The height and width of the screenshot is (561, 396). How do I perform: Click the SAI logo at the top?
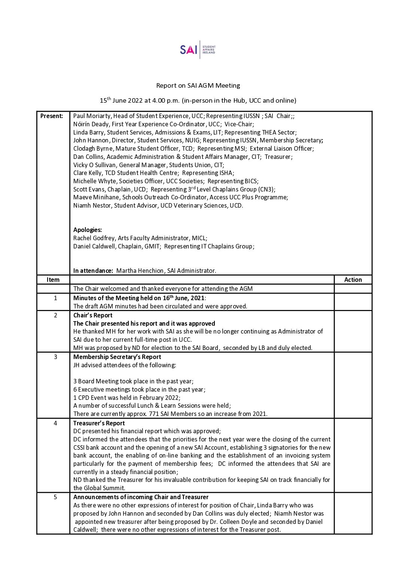coord(198,50)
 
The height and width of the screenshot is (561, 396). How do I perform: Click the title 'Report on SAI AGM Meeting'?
coord(198,85)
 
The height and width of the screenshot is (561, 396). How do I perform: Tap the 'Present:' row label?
coord(52,116)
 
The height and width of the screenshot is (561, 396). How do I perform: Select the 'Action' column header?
coord(353,280)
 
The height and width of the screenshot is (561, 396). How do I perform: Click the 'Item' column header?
coord(53,280)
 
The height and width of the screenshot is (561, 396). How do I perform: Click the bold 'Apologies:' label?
coord(88,230)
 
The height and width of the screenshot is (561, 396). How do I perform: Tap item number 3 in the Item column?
coord(55,357)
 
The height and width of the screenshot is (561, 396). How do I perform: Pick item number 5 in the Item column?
coord(55,497)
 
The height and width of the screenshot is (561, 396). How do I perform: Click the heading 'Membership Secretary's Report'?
coord(117,357)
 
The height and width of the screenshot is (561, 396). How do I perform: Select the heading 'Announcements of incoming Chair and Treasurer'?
coord(141,497)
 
